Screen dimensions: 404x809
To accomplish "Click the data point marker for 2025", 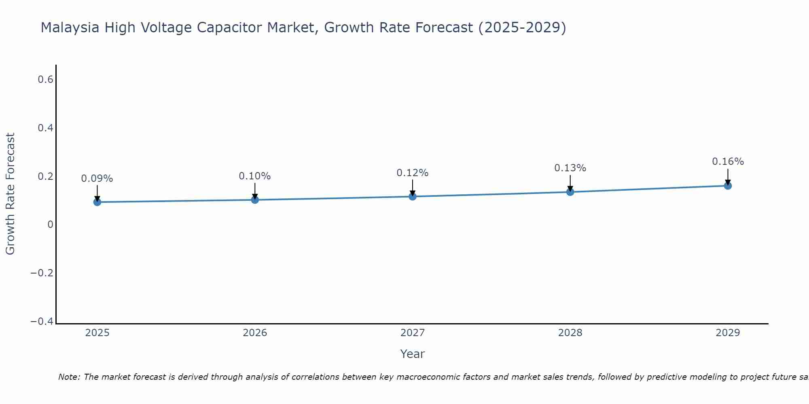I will point(97,202).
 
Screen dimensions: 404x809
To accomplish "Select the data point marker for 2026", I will point(255,200).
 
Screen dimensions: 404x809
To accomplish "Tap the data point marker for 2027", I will point(413,196).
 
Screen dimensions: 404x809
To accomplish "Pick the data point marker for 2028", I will point(570,192).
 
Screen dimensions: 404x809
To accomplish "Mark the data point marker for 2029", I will point(728,186).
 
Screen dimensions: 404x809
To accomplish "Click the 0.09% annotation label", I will point(97,179).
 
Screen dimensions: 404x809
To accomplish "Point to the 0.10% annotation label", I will point(255,176).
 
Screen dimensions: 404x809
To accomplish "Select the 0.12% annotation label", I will point(413,173).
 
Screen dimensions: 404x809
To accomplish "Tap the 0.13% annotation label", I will point(570,168).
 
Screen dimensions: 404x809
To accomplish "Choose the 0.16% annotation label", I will point(728,162).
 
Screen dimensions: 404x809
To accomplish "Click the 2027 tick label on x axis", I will point(413,333).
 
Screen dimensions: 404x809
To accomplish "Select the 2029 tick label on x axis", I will point(728,333).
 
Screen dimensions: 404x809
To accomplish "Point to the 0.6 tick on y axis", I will point(46,80).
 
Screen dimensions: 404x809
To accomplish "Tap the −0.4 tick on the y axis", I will point(42,322).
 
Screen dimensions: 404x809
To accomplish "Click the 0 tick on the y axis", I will point(50,225).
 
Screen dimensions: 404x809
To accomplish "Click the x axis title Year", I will point(413,354).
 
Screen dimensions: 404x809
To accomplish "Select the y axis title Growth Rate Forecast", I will point(11,194).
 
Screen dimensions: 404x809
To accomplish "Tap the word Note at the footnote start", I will point(69,377).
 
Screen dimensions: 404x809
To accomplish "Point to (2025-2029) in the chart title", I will point(522,27).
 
